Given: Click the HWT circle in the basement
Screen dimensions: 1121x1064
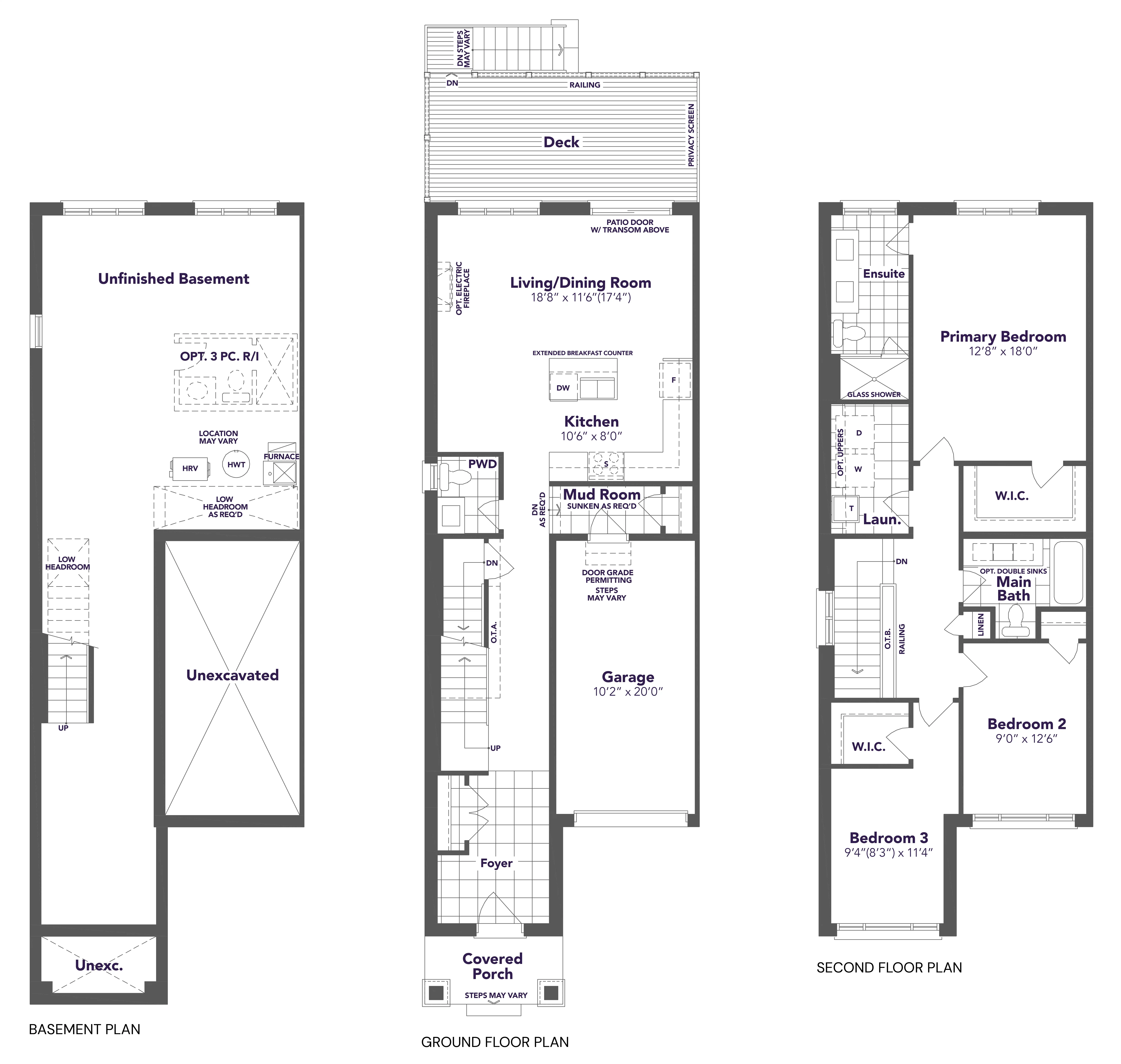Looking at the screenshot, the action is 236,465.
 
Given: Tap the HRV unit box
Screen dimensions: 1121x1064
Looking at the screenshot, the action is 190,468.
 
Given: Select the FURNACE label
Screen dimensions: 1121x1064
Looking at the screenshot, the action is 281,457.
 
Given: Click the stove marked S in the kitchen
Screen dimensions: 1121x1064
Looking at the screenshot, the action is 606,464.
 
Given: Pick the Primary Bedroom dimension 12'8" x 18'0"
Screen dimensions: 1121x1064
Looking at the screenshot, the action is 1003,351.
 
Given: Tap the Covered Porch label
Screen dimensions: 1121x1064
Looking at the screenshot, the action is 492,966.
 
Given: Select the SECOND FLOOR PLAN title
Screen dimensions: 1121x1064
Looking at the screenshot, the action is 889,968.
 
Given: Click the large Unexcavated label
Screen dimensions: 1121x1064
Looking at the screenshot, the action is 233,675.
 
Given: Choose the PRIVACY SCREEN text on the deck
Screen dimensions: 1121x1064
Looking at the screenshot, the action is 691,135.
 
